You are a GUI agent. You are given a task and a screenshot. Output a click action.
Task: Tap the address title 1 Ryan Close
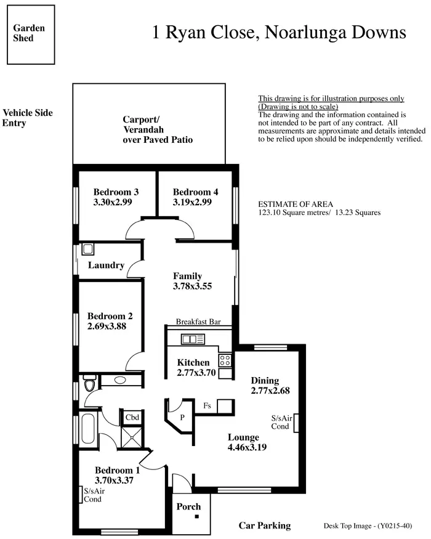(279, 32)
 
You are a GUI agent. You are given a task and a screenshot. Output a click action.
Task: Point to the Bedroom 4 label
(195, 192)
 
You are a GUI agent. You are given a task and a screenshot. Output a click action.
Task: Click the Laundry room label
(106, 265)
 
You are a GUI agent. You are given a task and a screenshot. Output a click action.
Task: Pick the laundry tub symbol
(87, 249)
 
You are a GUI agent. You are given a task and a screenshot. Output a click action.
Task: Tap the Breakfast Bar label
(198, 322)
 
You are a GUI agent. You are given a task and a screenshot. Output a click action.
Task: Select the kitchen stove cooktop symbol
(225, 360)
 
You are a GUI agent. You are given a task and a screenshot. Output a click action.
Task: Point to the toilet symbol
(90, 385)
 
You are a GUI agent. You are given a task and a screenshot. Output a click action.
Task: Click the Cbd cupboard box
(132, 417)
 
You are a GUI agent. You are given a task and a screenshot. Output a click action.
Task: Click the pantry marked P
(181, 416)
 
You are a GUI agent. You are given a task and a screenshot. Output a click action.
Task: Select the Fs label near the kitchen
(208, 406)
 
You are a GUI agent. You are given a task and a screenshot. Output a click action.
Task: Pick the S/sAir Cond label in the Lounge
(280, 422)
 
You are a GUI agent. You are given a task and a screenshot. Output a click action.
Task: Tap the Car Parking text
(265, 525)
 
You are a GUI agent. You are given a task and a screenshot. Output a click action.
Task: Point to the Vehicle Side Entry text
(28, 118)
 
